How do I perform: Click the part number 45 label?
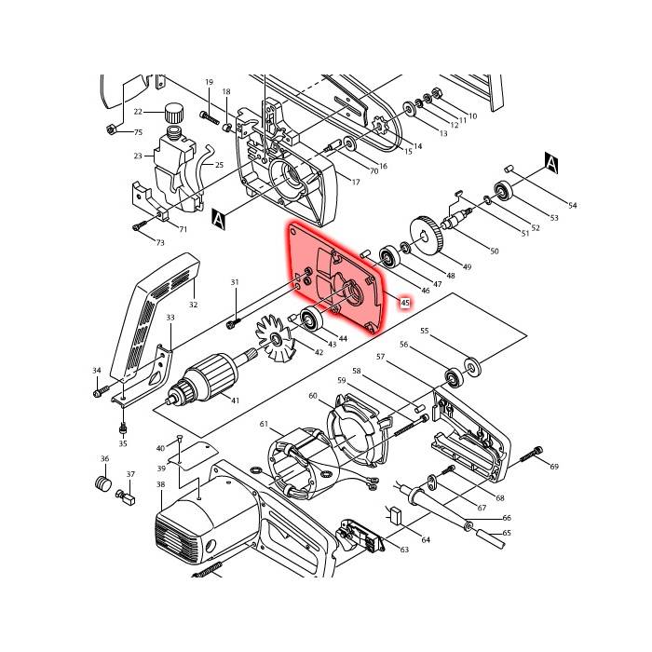click(405, 303)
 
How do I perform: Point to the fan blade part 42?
click(275, 333)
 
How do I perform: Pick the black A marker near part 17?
click(220, 219)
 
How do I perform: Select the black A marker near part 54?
click(551, 164)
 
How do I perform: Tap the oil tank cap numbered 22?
click(172, 113)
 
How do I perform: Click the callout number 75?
click(137, 133)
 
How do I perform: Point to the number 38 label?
click(160, 484)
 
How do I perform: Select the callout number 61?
click(265, 425)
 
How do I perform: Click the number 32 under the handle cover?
click(194, 304)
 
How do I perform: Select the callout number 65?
click(507, 534)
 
